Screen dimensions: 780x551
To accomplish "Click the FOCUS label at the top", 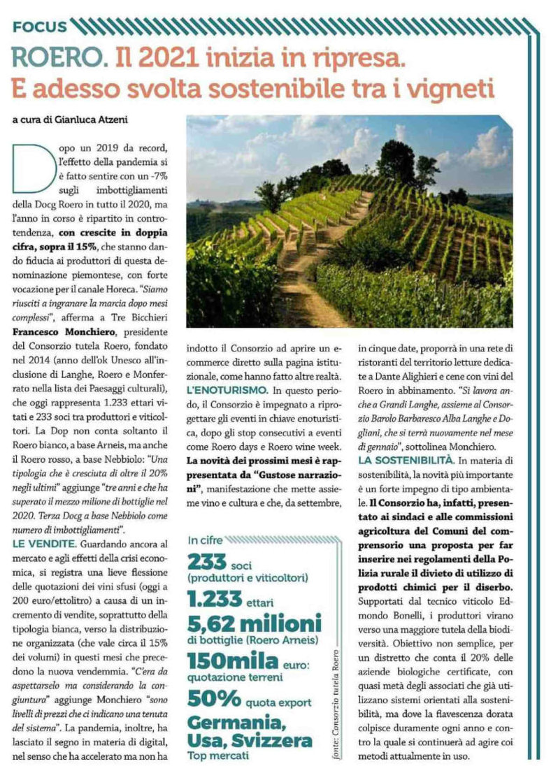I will pos(40,27).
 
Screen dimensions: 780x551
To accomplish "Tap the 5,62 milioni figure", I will pos(255,623).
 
